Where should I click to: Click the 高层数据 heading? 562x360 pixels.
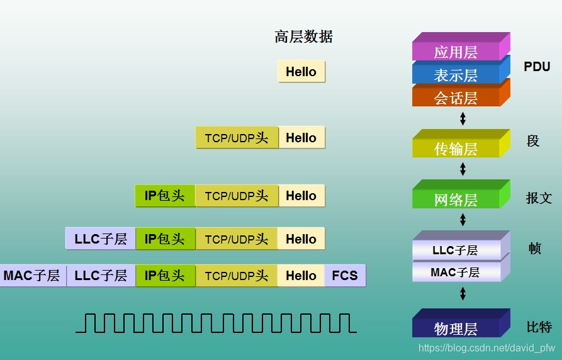[x=303, y=37]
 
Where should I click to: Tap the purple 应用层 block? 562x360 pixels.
[x=456, y=52]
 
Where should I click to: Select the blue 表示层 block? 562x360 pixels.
[x=456, y=75]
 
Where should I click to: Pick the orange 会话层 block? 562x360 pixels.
[x=456, y=98]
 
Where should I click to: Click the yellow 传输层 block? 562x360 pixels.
[x=456, y=149]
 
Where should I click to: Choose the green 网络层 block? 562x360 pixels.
[x=456, y=200]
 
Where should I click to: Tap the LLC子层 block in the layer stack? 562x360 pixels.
[x=455, y=250]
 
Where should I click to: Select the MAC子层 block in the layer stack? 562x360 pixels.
[x=455, y=273]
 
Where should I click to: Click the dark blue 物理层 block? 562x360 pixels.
[x=456, y=328]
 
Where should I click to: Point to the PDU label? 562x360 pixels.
[x=537, y=67]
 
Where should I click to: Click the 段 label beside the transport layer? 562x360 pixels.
[x=533, y=141]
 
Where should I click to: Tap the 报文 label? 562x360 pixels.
[x=539, y=198]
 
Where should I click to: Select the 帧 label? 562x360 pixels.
[x=534, y=248]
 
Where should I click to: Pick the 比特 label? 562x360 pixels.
[x=539, y=327]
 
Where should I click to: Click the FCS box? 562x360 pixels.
[x=345, y=276]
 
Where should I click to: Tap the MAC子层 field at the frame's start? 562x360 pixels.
[x=31, y=276]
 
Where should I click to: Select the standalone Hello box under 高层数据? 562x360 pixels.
[x=301, y=72]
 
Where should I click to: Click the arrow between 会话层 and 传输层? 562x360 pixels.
[x=463, y=118]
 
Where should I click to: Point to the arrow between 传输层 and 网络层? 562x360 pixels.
[x=463, y=169]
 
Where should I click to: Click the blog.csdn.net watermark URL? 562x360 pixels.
[x=486, y=347]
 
